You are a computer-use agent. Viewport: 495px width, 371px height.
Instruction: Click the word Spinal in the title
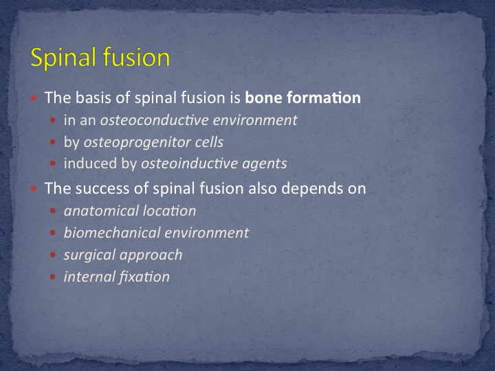pyautogui.click(x=63, y=58)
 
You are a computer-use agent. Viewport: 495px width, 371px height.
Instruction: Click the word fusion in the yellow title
pyautogui.click(x=136, y=57)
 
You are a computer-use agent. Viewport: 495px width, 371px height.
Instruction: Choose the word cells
pyautogui.click(x=209, y=142)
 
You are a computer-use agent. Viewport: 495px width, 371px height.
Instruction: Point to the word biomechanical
pyautogui.click(x=112, y=233)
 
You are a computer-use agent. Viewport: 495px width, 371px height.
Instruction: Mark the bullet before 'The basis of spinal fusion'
pyautogui.click(x=34, y=98)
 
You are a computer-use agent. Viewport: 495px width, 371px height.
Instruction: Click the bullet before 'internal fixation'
pyautogui.click(x=53, y=277)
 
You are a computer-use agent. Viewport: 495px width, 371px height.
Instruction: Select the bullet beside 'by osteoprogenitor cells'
pyautogui.click(x=53, y=142)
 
